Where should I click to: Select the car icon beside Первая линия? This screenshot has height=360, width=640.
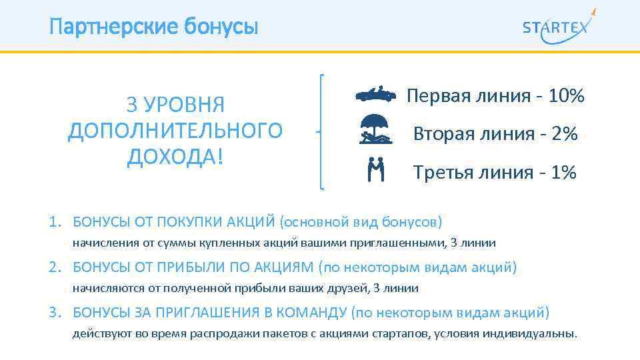[x=375, y=95]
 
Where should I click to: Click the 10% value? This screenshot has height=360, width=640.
[x=567, y=97]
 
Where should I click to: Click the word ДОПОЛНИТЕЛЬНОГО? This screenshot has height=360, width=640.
[x=175, y=131]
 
